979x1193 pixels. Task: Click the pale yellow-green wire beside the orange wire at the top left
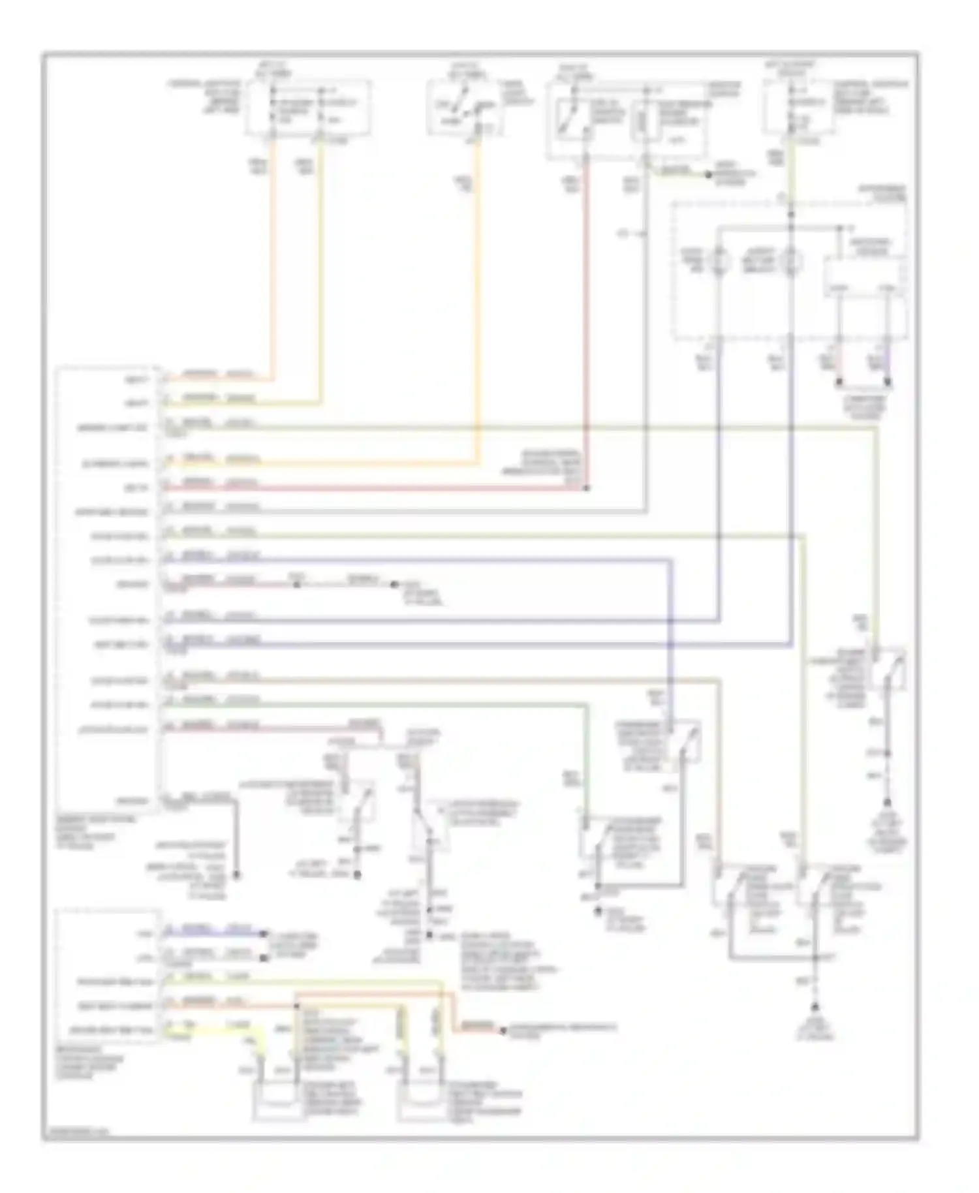pyautogui.click(x=320, y=261)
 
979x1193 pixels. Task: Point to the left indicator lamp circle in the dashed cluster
pyautogui.click(x=719, y=262)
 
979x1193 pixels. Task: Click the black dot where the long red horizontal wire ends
pyautogui.click(x=587, y=488)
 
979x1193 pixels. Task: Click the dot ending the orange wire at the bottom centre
pyautogui.click(x=502, y=1031)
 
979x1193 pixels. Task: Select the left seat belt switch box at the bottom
pyautogui.click(x=279, y=1103)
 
